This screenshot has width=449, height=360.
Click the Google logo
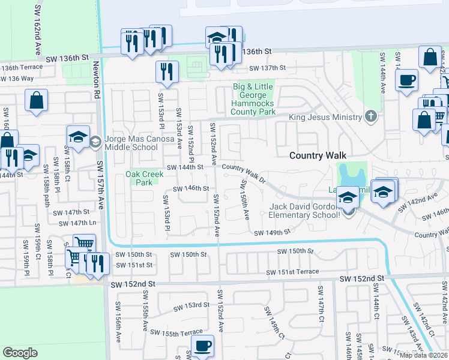tap(20, 353)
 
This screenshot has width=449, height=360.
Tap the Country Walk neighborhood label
tap(318, 155)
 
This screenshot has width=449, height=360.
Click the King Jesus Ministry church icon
tap(371, 116)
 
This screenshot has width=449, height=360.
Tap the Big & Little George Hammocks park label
tap(253, 99)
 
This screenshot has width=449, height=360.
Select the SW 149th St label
tap(272, 233)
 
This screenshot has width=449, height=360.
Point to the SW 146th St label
tap(191, 188)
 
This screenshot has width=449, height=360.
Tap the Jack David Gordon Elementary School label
tap(308, 211)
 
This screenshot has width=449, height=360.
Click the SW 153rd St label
tap(190, 305)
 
